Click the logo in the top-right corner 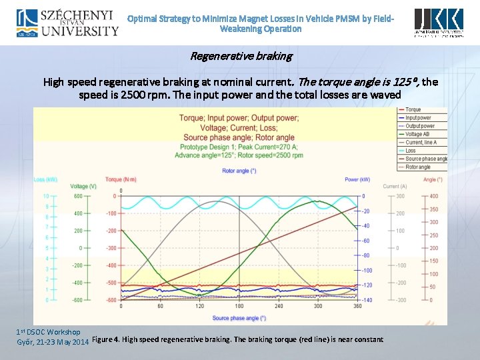click(x=439, y=23)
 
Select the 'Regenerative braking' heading click(x=241, y=56)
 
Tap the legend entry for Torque click(x=413, y=110)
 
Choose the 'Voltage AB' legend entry click(x=417, y=134)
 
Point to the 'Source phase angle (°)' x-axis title click(x=239, y=318)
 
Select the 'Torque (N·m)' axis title click(x=120, y=179)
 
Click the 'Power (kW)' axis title click(x=358, y=179)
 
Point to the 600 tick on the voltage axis click(x=77, y=196)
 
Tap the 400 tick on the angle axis click(x=434, y=196)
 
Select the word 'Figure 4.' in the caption click(x=107, y=340)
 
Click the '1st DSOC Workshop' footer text click(x=48, y=332)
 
